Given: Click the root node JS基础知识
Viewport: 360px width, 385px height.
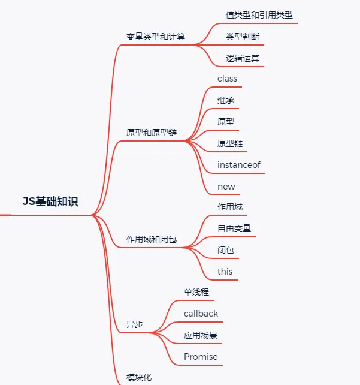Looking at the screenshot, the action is click(x=50, y=202).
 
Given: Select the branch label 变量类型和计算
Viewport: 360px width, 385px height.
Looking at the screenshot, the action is click(x=156, y=36).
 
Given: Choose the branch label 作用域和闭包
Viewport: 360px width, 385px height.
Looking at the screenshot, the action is click(x=152, y=239).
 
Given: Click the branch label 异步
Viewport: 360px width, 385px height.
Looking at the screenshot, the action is click(x=135, y=324).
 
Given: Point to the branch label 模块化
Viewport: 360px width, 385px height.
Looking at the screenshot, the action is click(x=139, y=377).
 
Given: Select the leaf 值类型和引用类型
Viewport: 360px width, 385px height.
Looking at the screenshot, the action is click(x=259, y=15).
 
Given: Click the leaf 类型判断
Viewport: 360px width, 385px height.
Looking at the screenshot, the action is click(x=243, y=37).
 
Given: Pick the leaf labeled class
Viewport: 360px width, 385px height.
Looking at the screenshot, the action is click(x=227, y=79).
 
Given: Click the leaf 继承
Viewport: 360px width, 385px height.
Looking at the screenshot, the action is click(x=226, y=100).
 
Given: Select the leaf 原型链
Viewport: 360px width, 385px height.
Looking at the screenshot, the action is click(x=230, y=143).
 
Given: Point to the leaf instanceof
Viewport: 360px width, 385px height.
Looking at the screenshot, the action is click(x=239, y=165).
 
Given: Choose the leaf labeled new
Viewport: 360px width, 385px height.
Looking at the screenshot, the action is click(x=226, y=187).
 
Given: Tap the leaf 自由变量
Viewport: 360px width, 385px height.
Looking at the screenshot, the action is click(x=234, y=228).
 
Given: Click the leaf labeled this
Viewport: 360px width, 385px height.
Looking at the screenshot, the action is click(x=225, y=272).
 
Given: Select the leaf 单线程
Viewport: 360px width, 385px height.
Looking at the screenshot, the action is click(x=196, y=292).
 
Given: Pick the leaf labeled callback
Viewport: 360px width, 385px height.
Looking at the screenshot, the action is click(x=201, y=314).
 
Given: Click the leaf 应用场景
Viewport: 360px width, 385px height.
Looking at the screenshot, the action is click(x=201, y=335).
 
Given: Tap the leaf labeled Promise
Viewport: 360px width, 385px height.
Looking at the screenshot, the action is click(x=201, y=357).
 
